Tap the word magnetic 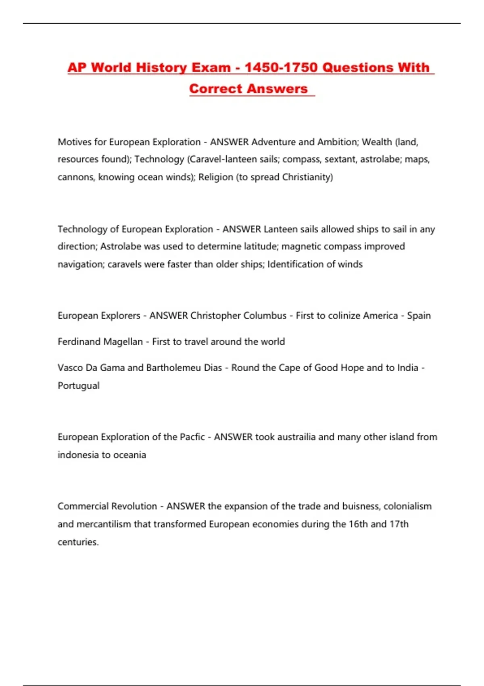click(301, 247)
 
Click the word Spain click(419, 316)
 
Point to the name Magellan click(123, 342)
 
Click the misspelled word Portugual click(79, 386)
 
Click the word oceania click(129, 455)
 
